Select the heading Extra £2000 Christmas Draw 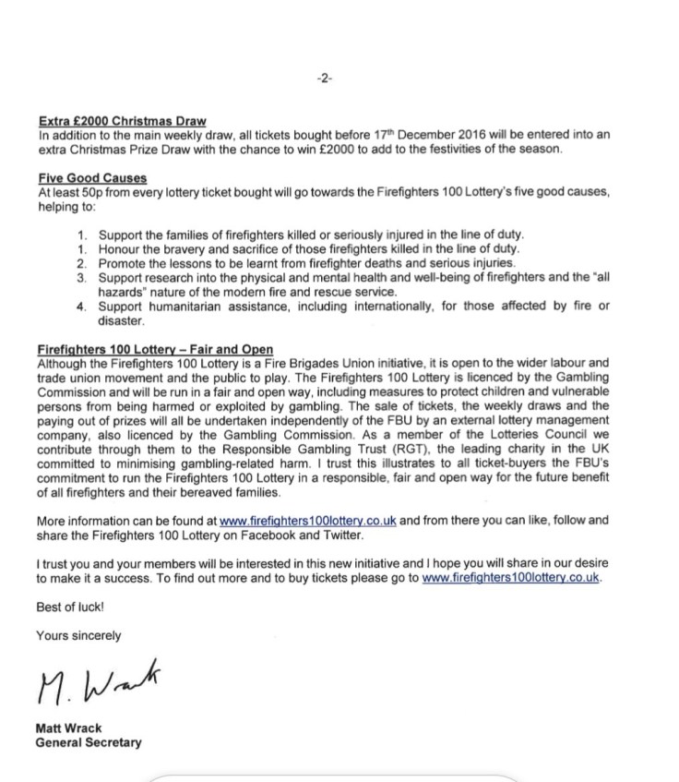pyautogui.click(x=123, y=120)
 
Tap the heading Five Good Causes pyautogui.click(x=92, y=177)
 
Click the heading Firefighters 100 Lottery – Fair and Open pyautogui.click(x=155, y=349)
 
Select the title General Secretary pyautogui.click(x=89, y=742)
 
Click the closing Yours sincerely pyautogui.click(x=78, y=635)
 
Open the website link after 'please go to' pyautogui.click(x=511, y=577)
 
